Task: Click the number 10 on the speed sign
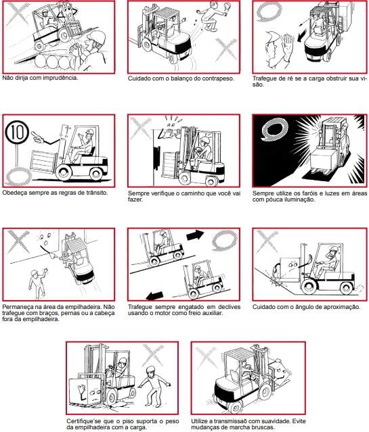17,133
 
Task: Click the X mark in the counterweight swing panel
226,49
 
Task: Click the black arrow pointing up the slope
195,235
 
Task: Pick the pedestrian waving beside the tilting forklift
37,283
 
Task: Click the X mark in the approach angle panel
267,241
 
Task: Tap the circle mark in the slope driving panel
224,240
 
